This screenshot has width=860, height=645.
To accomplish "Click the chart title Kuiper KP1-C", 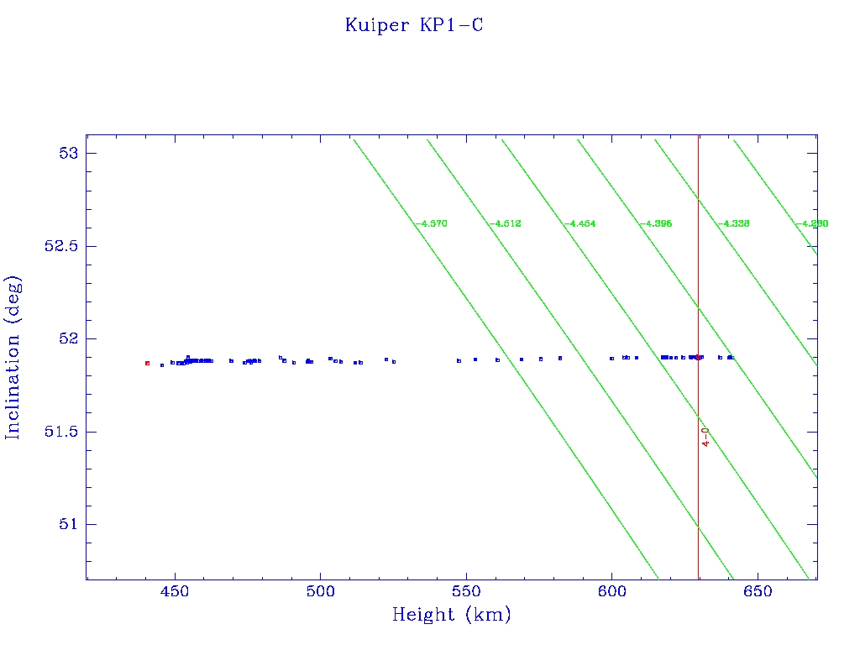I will [x=413, y=25].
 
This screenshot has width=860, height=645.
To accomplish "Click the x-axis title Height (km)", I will [x=451, y=615].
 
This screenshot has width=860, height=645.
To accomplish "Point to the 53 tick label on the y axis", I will [x=67, y=154].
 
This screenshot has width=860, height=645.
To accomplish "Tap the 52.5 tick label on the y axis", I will [x=59, y=246].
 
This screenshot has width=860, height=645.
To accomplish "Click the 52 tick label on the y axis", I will [x=67, y=339].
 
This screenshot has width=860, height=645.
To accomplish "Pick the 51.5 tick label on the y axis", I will [x=59, y=432].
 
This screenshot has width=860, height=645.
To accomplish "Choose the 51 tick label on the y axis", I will [x=67, y=525].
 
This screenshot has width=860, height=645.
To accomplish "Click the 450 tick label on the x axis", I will [x=175, y=593].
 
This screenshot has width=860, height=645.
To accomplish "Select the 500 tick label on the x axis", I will [x=320, y=593].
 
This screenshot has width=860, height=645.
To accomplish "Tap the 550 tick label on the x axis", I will [x=466, y=593].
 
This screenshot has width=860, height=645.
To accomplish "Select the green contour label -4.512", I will [x=506, y=224].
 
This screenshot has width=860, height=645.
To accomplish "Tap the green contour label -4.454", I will [x=579, y=224].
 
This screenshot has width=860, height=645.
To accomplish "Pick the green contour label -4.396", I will [x=655, y=224].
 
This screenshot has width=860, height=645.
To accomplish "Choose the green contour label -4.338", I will [x=732, y=224].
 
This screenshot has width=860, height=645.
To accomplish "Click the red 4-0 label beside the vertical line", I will [x=706, y=437].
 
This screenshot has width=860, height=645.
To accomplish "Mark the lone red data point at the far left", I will [x=147, y=363].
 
